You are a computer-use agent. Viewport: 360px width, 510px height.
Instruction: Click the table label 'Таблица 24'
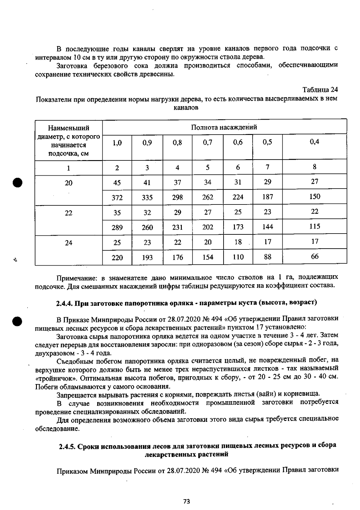click(320, 90)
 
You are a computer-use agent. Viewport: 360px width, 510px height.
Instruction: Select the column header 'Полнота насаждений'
click(224, 127)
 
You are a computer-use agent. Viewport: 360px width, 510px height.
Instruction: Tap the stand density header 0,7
click(208, 143)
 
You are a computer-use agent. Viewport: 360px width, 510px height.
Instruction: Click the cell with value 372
click(117, 197)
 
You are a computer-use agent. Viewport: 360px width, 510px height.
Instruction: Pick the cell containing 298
click(178, 197)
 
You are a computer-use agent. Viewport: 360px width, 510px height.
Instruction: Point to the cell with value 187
click(267, 197)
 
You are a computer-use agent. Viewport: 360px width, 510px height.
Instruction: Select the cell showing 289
click(117, 228)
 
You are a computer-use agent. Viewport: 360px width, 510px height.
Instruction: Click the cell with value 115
click(315, 226)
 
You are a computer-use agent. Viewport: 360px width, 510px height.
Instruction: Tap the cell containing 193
click(147, 258)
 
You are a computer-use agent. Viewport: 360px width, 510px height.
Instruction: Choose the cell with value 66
click(315, 256)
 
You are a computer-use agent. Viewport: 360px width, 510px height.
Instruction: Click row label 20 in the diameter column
click(68, 183)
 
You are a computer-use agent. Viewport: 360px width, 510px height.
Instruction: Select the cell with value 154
click(208, 257)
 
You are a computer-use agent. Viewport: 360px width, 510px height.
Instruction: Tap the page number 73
click(187, 501)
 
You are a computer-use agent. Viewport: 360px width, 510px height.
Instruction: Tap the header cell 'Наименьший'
click(68, 128)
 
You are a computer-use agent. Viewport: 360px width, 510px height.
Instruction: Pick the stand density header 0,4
click(315, 142)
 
